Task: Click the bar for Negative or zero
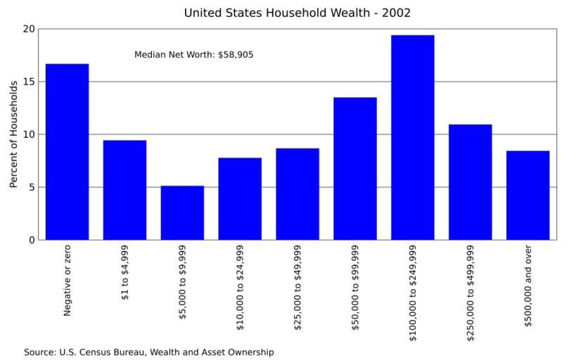coord(68,152)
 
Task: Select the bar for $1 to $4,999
coord(125,190)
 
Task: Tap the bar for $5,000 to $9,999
coord(182,213)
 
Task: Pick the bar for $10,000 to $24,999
coord(240,199)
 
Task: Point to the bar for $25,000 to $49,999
coord(297,194)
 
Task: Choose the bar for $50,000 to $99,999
coord(355,169)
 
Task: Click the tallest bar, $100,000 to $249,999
coord(413,137)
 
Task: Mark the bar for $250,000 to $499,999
coord(471,182)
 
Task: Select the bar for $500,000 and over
coord(528,195)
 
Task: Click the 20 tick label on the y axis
coord(28,29)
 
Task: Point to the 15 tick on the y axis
coord(28,82)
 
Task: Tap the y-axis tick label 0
coord(31,240)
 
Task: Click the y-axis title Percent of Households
coord(13,134)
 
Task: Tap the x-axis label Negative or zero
coord(68,281)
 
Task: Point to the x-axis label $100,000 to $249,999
coord(413,292)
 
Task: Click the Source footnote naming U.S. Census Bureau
coord(148,352)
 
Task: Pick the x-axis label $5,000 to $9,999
coord(183,283)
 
